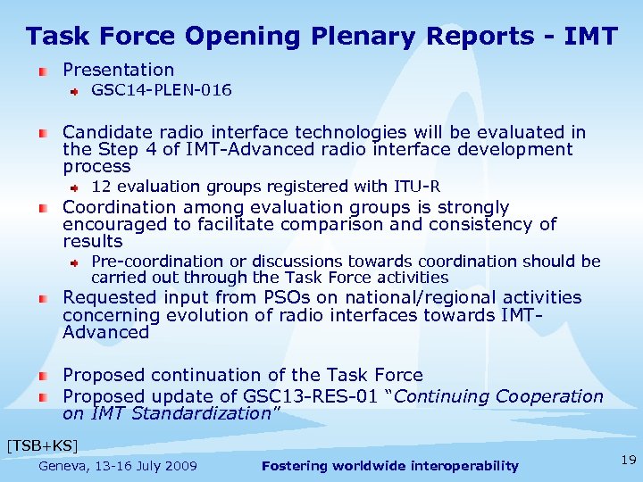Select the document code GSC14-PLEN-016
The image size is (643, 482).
click(162, 90)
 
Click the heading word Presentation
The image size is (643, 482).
click(118, 70)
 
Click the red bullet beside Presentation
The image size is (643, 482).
click(43, 71)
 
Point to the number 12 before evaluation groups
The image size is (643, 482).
click(101, 187)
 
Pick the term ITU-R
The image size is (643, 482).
click(417, 187)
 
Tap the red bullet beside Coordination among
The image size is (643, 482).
click(43, 208)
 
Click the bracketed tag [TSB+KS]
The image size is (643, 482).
click(42, 445)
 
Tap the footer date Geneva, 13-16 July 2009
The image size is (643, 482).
click(118, 466)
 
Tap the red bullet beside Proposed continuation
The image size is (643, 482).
click(43, 376)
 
